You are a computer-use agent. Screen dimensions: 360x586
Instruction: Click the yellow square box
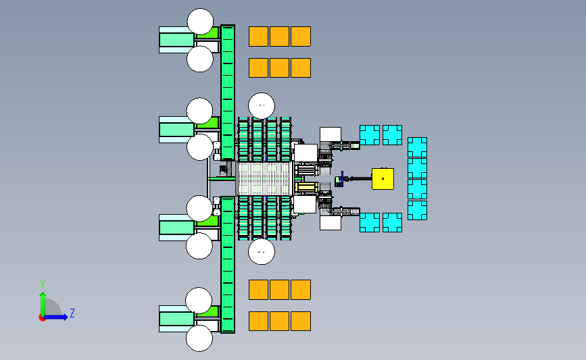(x=383, y=178)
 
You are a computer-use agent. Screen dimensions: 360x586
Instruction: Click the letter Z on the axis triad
(x=72, y=313)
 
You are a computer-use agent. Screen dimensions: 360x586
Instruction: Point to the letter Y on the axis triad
(x=42, y=284)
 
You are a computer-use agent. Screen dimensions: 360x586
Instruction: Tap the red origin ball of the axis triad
(x=42, y=317)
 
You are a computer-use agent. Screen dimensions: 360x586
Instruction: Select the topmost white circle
(x=200, y=22)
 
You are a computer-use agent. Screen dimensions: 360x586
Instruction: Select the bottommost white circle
(x=200, y=338)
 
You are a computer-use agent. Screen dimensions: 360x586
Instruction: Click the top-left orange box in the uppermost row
(x=259, y=36)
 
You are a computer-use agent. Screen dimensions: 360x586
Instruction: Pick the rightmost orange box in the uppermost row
(x=301, y=36)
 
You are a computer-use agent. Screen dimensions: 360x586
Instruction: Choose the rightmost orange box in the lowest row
(x=301, y=321)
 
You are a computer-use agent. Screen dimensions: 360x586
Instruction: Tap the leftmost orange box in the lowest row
(x=259, y=321)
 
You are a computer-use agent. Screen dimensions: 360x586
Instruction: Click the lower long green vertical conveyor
(x=228, y=263)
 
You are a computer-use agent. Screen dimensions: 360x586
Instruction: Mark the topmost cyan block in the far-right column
(x=417, y=147)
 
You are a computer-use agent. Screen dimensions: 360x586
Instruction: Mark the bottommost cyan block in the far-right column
(x=417, y=210)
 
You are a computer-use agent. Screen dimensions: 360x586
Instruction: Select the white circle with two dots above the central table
(x=262, y=105)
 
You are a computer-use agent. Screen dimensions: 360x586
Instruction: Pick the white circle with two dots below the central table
(x=262, y=252)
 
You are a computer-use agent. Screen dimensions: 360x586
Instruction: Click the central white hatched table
(x=262, y=178)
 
